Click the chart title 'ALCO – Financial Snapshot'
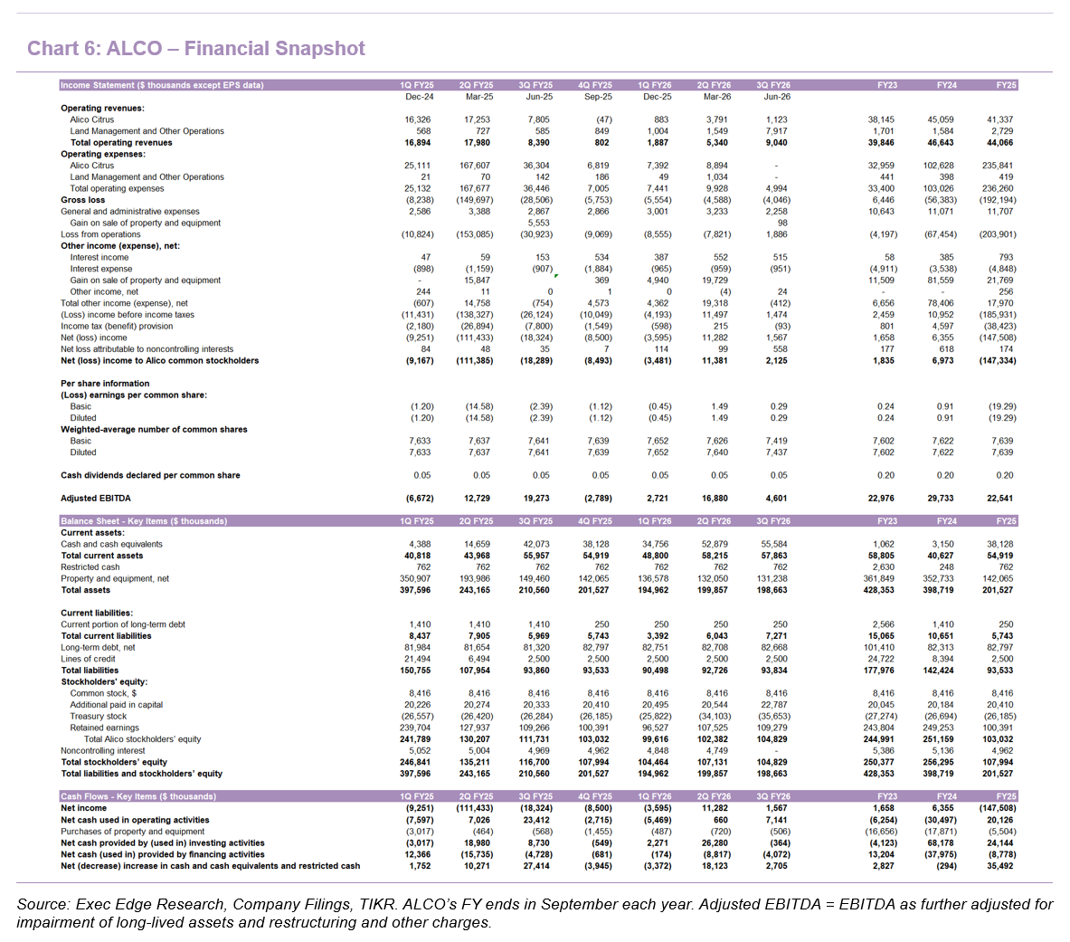pyautogui.click(x=235, y=49)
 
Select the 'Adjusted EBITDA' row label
pyautogui.click(x=96, y=499)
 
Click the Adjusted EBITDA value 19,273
pyautogui.click(x=536, y=499)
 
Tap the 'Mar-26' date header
pyautogui.click(x=714, y=97)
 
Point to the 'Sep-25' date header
pyautogui.click(x=595, y=97)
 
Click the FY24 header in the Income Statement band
pyautogui.click(x=946, y=85)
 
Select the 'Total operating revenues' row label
pyautogui.click(x=121, y=143)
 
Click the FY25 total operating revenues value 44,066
pyautogui.click(x=999, y=143)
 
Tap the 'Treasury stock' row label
pyautogui.click(x=99, y=716)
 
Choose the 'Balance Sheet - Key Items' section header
pyautogui.click(x=144, y=521)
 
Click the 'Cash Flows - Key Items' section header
pyautogui.click(x=138, y=796)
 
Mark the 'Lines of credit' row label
pyautogui.click(x=88, y=659)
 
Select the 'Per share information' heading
pyautogui.click(x=105, y=384)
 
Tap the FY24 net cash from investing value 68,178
pyautogui.click(x=941, y=843)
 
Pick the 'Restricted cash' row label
pyautogui.click(x=90, y=567)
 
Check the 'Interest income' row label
pyautogui.click(x=99, y=257)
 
